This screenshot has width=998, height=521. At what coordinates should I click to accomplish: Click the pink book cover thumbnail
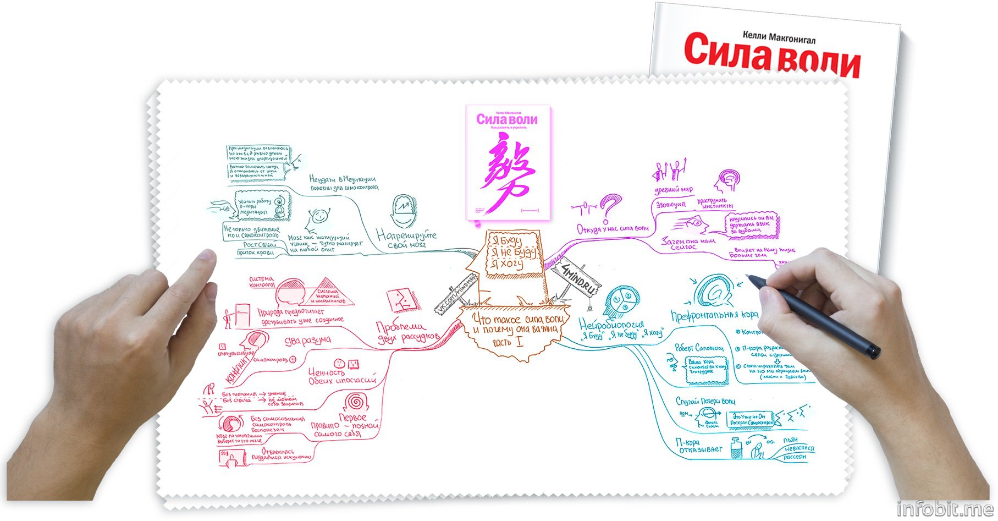[508, 163]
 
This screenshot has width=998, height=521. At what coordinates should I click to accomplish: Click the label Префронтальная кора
[714, 315]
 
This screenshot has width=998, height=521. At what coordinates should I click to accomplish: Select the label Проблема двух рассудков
[407, 332]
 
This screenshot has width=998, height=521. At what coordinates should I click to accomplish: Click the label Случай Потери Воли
[705, 402]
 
